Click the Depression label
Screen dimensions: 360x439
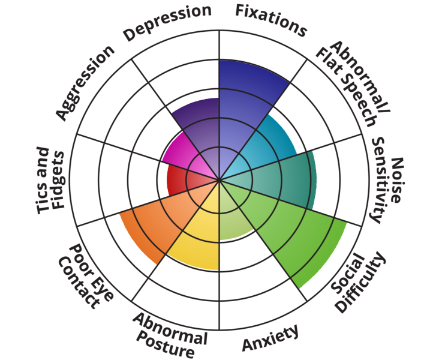(x=167, y=23)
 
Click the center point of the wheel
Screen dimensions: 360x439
(x=220, y=180)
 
